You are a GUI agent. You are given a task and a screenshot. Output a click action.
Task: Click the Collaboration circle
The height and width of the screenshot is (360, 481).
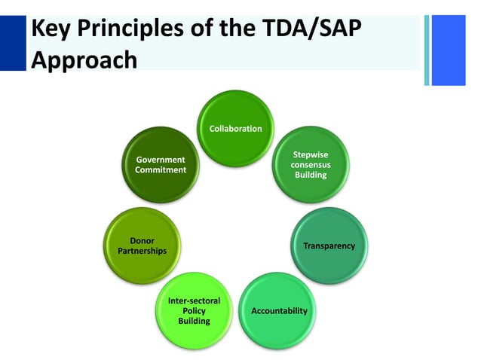(235, 129)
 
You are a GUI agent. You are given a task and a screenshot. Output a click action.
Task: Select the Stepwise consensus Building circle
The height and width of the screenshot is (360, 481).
(311, 165)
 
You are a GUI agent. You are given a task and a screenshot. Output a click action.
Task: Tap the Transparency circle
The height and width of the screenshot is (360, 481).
(329, 246)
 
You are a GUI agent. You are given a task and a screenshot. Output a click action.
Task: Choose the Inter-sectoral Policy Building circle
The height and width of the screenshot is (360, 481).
(194, 310)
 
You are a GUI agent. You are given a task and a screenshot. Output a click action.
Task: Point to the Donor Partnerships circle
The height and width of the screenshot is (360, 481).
(142, 246)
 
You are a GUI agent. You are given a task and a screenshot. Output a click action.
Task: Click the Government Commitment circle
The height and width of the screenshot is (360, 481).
(160, 165)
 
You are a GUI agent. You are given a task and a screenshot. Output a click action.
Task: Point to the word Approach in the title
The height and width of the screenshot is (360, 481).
(84, 59)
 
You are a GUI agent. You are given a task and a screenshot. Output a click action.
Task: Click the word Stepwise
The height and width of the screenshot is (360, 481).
(311, 154)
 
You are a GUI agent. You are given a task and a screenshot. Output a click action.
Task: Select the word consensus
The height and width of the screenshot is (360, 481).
(311, 165)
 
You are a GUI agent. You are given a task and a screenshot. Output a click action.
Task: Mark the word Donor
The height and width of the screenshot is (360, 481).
(142, 241)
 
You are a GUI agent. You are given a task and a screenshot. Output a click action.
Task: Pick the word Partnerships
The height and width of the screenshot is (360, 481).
(142, 251)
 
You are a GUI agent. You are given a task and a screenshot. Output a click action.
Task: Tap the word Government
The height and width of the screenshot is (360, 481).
(160, 160)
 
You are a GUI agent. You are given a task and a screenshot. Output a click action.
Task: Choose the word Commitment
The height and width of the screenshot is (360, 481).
(160, 170)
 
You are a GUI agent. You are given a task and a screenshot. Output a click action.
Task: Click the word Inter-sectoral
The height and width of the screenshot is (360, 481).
(194, 301)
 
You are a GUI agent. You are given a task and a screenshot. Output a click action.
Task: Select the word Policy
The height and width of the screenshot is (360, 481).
(194, 310)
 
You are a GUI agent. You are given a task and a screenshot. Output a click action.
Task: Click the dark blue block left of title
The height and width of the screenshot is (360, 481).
(13, 43)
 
